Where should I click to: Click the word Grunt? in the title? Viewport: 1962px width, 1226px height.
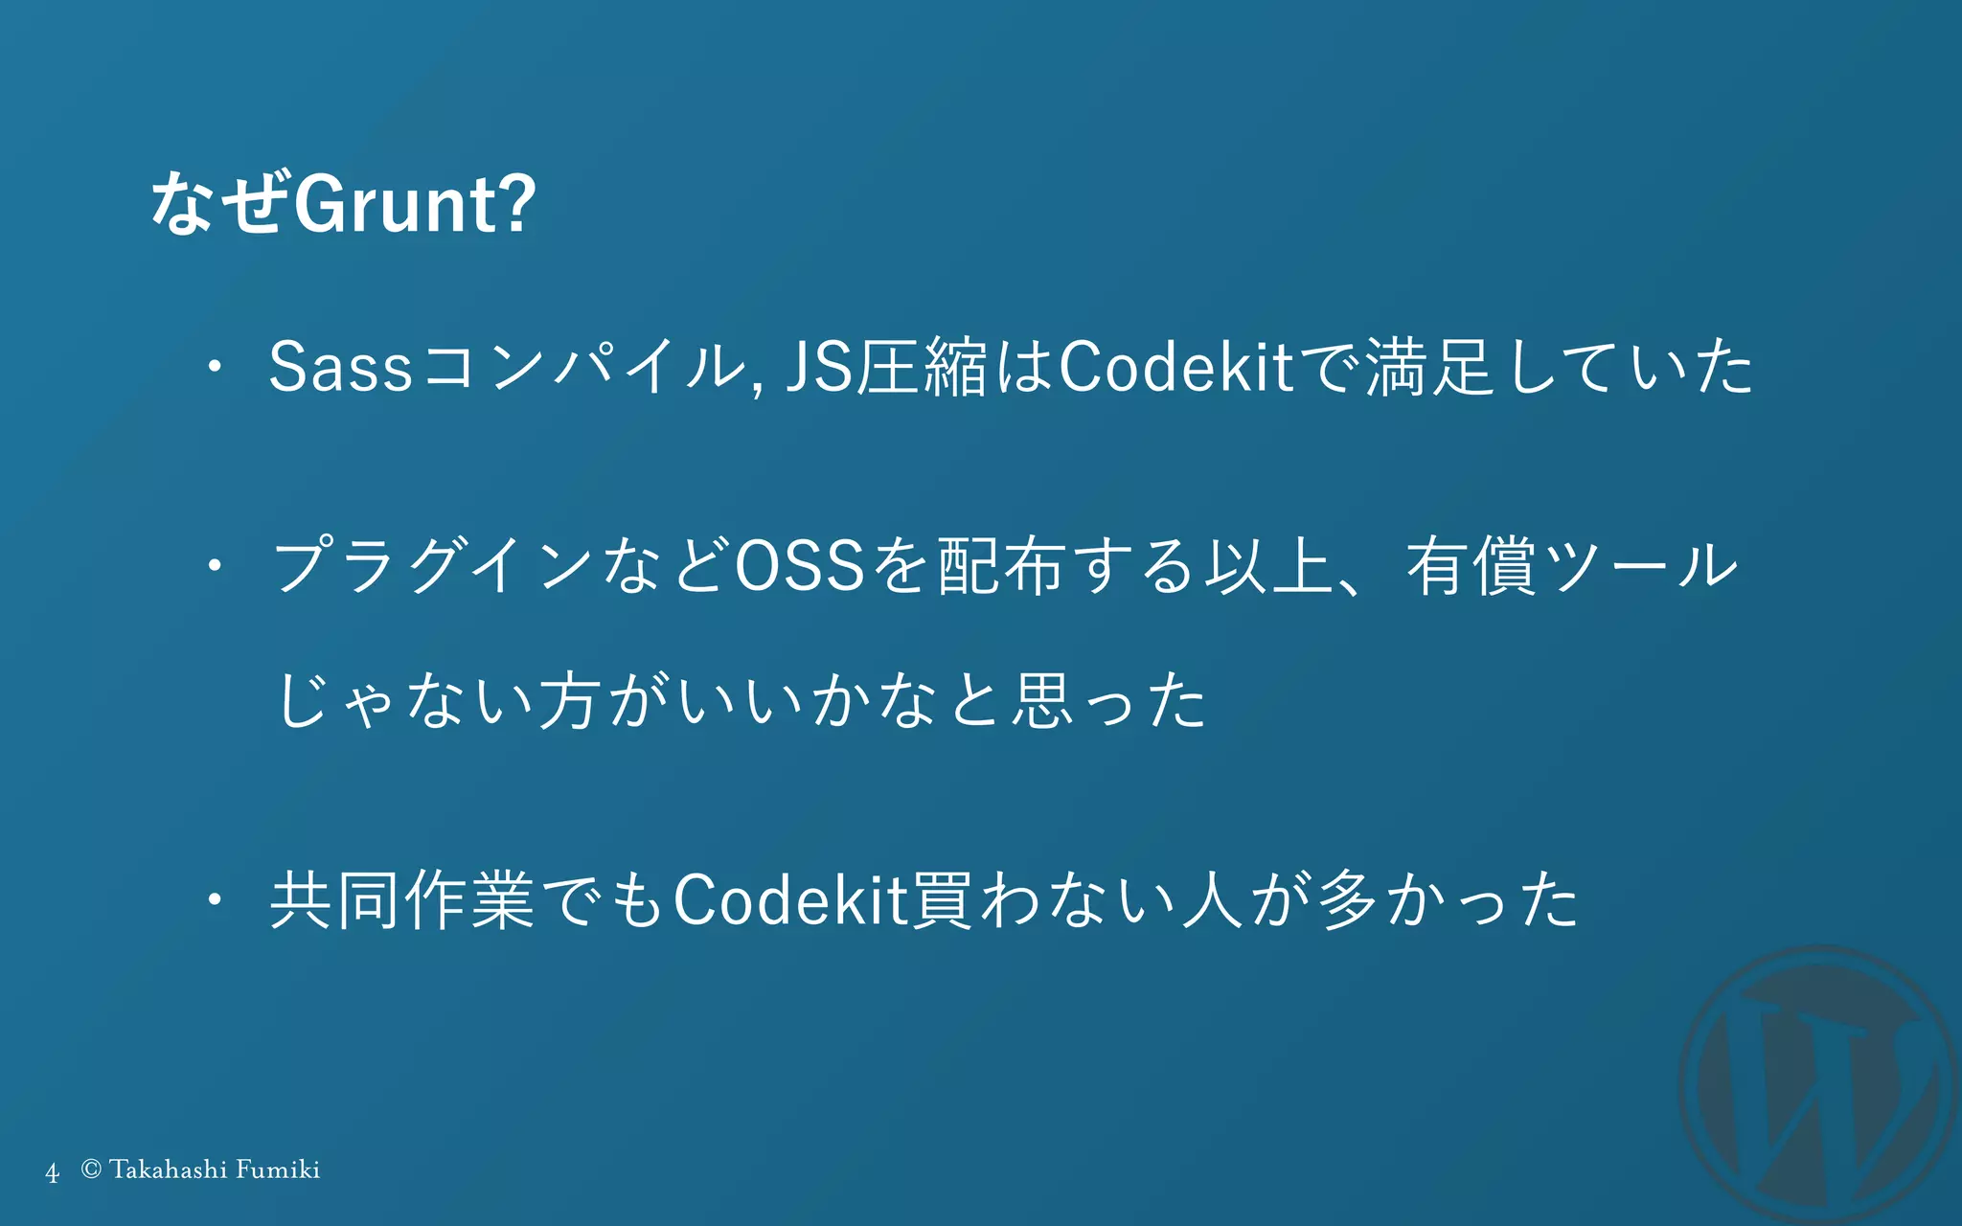click(x=414, y=204)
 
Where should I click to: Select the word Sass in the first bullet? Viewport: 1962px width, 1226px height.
click(x=340, y=367)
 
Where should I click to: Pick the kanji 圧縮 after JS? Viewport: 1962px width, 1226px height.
click(x=921, y=367)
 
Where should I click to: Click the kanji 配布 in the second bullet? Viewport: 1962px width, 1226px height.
click(x=1002, y=565)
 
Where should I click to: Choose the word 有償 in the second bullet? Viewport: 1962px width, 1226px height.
click(x=1471, y=565)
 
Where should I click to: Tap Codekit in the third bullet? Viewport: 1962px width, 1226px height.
click(x=790, y=900)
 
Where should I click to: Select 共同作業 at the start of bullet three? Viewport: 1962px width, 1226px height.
click(x=402, y=900)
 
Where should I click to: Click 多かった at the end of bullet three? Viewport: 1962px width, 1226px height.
click(x=1447, y=900)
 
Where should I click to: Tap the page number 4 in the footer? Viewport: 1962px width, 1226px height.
click(x=52, y=1171)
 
